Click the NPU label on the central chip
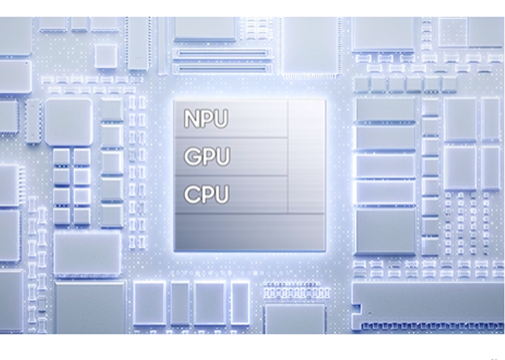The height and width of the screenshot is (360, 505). pyautogui.click(x=206, y=119)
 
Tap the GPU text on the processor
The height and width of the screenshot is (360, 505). pyautogui.click(x=206, y=157)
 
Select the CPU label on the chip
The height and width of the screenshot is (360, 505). pyautogui.click(x=206, y=195)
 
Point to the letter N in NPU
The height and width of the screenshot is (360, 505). pyautogui.click(x=191, y=119)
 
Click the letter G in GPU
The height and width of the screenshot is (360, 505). pyautogui.click(x=191, y=157)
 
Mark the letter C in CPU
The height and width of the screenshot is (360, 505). pyautogui.click(x=191, y=195)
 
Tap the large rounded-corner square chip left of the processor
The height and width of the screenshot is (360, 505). pyautogui.click(x=68, y=122)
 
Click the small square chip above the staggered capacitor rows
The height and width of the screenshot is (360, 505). pyautogui.click(x=105, y=56)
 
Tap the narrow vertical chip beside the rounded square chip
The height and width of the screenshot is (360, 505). pyautogui.click(x=32, y=122)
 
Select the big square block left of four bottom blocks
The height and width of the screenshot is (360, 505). pyautogui.click(x=90, y=307)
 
